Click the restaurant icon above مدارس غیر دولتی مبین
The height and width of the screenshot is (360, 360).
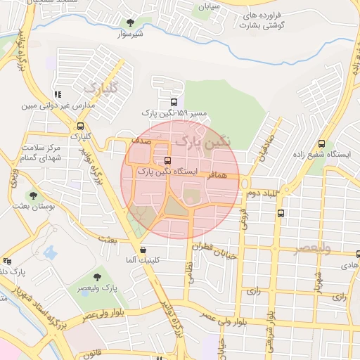pos(58,94)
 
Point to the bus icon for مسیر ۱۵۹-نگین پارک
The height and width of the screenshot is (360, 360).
pos(174,101)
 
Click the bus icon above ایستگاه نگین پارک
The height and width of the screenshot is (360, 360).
pos(167,160)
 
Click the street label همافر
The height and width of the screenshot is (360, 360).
pos(219,173)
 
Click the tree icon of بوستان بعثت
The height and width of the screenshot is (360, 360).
pos(32,195)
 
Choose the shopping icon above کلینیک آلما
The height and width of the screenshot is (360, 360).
pos(143,250)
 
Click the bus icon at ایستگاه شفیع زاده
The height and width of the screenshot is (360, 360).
pos(321,143)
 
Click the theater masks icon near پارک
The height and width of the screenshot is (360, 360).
pos(7,260)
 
